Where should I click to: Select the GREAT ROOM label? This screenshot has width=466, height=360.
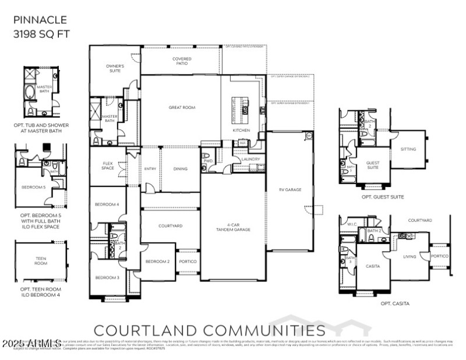pos(182,107)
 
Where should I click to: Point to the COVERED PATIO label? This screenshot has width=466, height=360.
pos(182,61)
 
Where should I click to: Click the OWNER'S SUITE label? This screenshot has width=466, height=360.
pos(115,69)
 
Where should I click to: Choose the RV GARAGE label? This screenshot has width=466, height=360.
pos(290,189)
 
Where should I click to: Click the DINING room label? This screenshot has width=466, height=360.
pos(181,169)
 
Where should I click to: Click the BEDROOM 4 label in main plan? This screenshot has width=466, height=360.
pos(107,204)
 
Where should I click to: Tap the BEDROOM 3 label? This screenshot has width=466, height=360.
pos(107,277)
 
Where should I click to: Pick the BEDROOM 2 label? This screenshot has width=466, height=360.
pos(157,261)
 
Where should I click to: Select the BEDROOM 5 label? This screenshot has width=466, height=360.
pos(33,187)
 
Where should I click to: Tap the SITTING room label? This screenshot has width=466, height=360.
pos(408,149)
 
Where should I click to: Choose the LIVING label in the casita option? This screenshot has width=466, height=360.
pos(410,256)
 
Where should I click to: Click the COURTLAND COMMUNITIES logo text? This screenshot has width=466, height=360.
pos(210,330)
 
